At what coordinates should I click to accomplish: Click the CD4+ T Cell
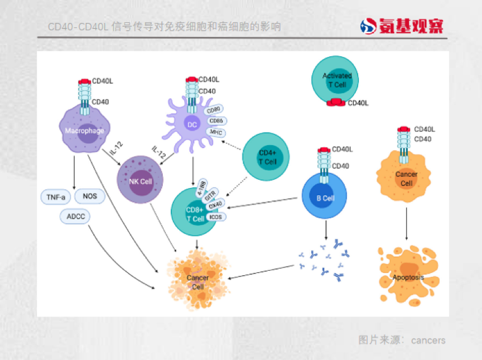point(267,157)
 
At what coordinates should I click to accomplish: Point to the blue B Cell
point(324,197)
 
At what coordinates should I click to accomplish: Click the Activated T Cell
point(335,80)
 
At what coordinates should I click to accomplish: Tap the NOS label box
point(90,196)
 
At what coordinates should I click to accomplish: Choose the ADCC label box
point(75,217)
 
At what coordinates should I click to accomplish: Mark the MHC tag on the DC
point(216,132)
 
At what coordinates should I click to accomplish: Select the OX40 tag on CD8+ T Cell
point(215,205)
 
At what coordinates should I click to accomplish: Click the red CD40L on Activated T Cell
point(336,103)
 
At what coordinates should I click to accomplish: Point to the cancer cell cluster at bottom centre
point(197,279)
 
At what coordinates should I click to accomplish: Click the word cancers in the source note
point(428,340)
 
